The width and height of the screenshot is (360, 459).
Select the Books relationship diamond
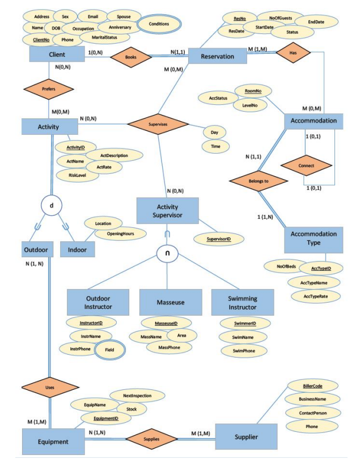pos(131,57)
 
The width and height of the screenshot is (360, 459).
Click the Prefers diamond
pos(48,89)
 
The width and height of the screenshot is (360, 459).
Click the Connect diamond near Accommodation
pos(306,165)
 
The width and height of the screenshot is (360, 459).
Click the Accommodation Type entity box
pos(314,238)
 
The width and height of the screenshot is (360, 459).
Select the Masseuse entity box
pos(170,302)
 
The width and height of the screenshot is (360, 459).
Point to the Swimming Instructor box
pos(242,302)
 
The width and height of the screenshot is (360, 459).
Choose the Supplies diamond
pos(151,439)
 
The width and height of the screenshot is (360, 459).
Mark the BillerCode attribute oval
pos(312,386)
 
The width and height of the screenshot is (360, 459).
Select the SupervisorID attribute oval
pos(218,240)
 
